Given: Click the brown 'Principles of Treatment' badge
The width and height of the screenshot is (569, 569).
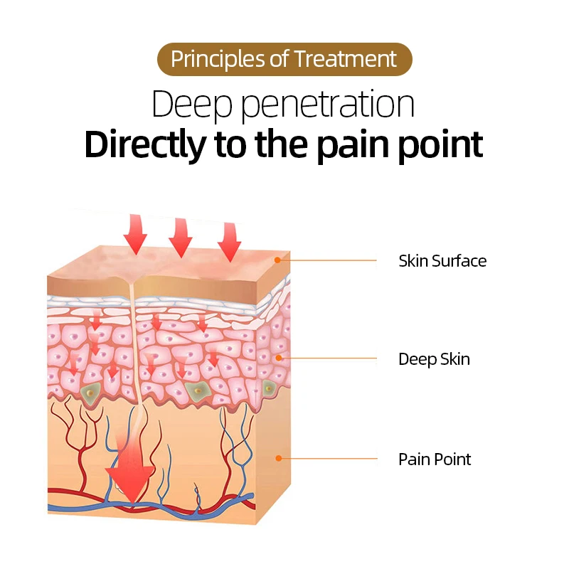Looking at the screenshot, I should click(284, 59).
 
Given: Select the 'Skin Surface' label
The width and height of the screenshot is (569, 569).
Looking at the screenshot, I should click(442, 261).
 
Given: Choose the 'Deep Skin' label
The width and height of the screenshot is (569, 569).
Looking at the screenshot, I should click(434, 359).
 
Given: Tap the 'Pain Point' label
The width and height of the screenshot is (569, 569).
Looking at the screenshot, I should click(434, 459).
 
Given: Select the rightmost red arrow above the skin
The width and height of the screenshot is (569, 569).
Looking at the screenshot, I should click(229, 241).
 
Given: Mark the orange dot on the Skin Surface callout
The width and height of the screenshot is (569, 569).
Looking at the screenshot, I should click(278, 261).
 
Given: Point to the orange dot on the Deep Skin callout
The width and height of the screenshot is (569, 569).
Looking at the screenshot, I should click(278, 358).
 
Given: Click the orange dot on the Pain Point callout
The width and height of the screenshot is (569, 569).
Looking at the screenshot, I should click(278, 459).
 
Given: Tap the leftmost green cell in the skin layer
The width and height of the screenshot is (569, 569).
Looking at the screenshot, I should click(90, 391).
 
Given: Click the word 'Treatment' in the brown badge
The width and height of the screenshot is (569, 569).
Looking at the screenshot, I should click(346, 59).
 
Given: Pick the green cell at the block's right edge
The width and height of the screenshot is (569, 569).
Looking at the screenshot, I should click(269, 388).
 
